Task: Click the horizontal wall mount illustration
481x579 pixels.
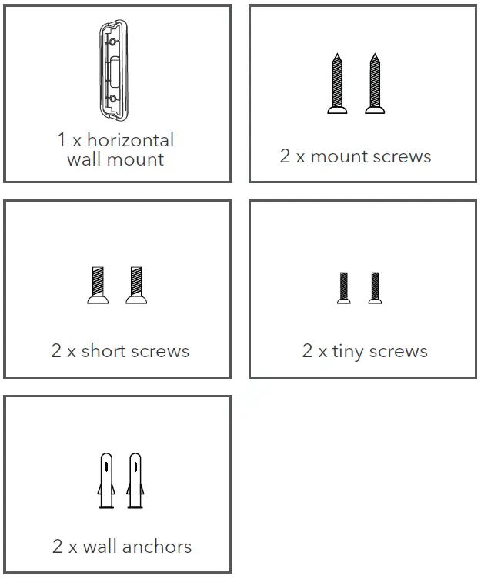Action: (x=114, y=71)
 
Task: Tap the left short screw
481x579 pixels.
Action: (x=98, y=286)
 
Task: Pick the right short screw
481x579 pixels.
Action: (x=136, y=286)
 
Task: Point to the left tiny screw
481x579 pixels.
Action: (x=343, y=287)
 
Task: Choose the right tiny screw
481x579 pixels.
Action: (x=375, y=287)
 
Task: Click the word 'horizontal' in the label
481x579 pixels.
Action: (x=130, y=140)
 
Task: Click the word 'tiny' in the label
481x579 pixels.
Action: (x=347, y=351)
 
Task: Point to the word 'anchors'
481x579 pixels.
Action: (x=157, y=547)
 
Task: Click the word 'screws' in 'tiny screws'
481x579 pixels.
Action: (x=398, y=351)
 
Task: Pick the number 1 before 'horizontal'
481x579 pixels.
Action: (x=61, y=140)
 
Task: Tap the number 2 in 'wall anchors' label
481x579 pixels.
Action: (x=58, y=547)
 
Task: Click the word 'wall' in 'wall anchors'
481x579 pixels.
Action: (x=99, y=547)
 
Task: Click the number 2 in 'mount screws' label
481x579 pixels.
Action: (x=285, y=156)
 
